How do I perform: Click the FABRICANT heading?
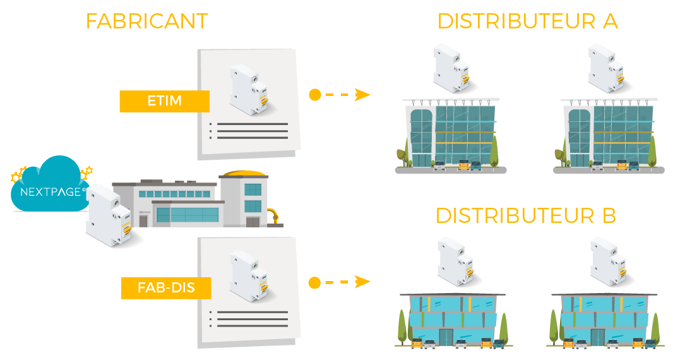(146, 21)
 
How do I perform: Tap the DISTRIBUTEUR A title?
(527, 21)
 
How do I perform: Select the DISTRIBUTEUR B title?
(525, 216)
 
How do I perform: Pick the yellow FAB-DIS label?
(165, 289)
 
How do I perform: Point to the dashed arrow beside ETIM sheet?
(339, 95)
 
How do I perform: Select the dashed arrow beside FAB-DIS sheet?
(339, 282)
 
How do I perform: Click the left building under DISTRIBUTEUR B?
(453, 320)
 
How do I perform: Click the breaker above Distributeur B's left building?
(454, 261)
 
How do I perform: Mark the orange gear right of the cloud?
(87, 172)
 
